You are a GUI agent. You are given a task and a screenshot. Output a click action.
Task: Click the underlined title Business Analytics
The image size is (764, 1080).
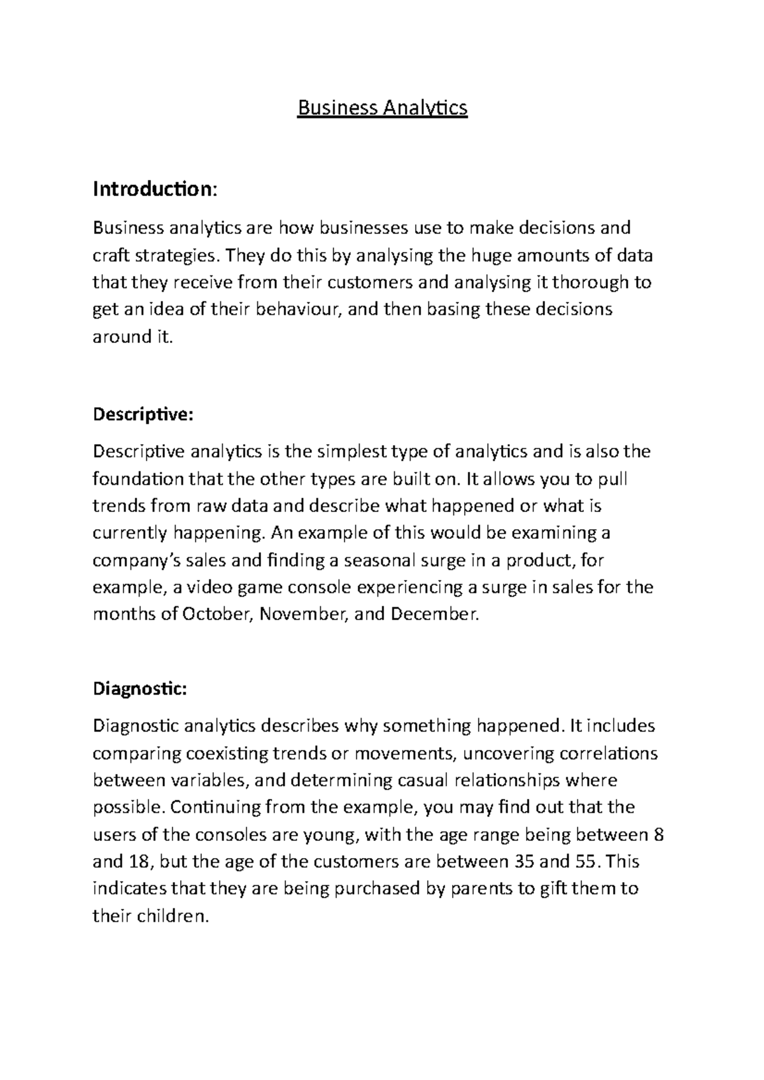[383, 108]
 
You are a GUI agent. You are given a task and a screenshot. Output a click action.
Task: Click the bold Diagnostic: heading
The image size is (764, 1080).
[140, 689]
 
